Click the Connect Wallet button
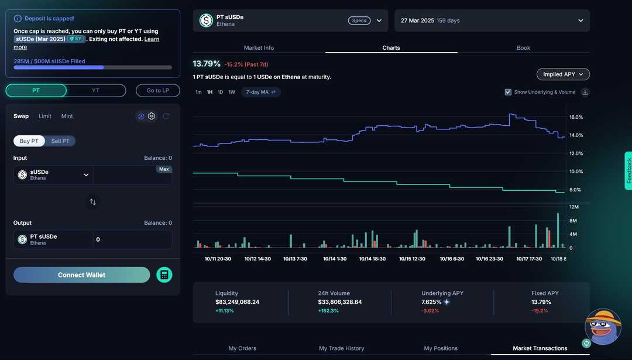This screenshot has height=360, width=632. (81, 275)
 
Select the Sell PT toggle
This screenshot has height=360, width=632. (60, 141)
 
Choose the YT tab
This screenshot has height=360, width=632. (96, 91)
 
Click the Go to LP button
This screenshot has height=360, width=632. (157, 91)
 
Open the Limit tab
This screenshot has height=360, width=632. (45, 116)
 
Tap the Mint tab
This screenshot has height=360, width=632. (67, 116)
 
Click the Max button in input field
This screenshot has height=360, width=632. (164, 169)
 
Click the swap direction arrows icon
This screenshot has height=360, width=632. (92, 202)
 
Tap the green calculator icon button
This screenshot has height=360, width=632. (164, 275)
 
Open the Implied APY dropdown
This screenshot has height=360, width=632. (563, 74)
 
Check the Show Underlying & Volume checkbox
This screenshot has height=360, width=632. (508, 92)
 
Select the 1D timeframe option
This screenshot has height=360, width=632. (221, 92)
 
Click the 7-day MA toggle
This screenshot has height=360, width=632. (261, 92)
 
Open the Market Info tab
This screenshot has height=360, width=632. (259, 48)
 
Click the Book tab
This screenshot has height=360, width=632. (523, 48)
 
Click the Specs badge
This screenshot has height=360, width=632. (359, 20)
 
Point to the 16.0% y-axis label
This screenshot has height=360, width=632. (576, 117)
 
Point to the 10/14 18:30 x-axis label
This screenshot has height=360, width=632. (372, 259)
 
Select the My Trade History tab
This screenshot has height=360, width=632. (341, 348)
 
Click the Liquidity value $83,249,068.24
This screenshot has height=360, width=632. (237, 302)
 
